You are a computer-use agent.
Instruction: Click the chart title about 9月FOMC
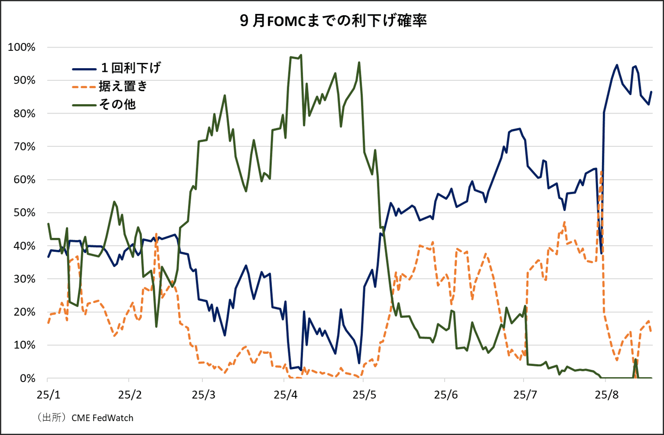tap(333, 21)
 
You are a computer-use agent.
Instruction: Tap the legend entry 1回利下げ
tap(131, 68)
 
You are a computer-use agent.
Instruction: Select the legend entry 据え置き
tap(123, 86)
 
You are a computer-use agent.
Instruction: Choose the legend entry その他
tap(117, 105)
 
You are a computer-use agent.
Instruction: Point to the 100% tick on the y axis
tap(22, 47)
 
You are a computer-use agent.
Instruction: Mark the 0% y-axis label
tap(26, 378)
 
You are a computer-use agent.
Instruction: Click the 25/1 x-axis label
tap(48, 395)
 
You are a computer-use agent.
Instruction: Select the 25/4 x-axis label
tap(285, 395)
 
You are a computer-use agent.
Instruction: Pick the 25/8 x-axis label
tap(607, 395)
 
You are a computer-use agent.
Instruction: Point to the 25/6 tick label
tap(446, 395)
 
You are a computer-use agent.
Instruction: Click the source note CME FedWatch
tap(102, 418)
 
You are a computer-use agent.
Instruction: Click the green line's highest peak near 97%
tap(301, 55)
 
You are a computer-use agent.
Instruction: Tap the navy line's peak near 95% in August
tap(617, 65)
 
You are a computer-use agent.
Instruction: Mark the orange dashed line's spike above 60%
tap(601, 171)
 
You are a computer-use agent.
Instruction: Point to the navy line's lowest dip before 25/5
tap(359, 363)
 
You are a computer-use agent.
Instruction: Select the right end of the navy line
tap(651, 92)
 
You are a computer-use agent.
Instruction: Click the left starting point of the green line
tap(48, 224)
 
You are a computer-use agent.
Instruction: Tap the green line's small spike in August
tap(635, 360)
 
